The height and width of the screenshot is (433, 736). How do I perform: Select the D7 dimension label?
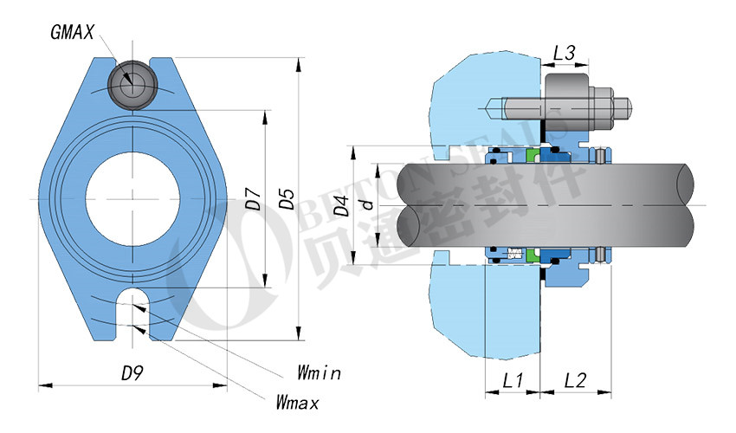[x=253, y=200]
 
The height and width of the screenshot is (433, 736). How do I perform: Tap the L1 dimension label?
[x=513, y=379]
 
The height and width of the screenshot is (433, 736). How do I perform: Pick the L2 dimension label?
[x=576, y=379]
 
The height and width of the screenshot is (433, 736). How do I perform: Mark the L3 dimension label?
[x=565, y=53]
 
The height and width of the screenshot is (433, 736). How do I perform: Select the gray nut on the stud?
[x=569, y=104]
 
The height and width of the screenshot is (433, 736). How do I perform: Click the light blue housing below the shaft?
[x=485, y=312]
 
